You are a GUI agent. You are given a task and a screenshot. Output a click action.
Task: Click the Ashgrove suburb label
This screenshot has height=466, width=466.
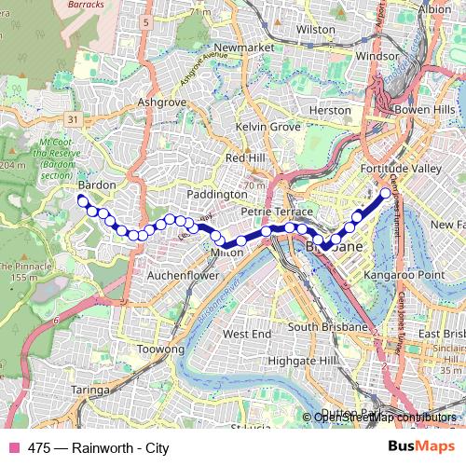tap(157, 101)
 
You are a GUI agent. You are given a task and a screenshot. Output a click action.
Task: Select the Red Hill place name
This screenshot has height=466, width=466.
tap(245, 158)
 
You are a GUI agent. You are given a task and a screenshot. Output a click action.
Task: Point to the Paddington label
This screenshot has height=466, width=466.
tap(217, 193)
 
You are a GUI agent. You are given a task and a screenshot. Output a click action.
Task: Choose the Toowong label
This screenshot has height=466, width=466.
tap(160, 348)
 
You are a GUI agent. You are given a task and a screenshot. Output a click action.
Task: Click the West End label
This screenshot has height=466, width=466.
tap(247, 333)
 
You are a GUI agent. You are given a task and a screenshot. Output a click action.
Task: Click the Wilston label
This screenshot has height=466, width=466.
tap(315, 30)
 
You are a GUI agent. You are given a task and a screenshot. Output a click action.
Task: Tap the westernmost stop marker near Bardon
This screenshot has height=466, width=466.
tap(82, 200)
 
